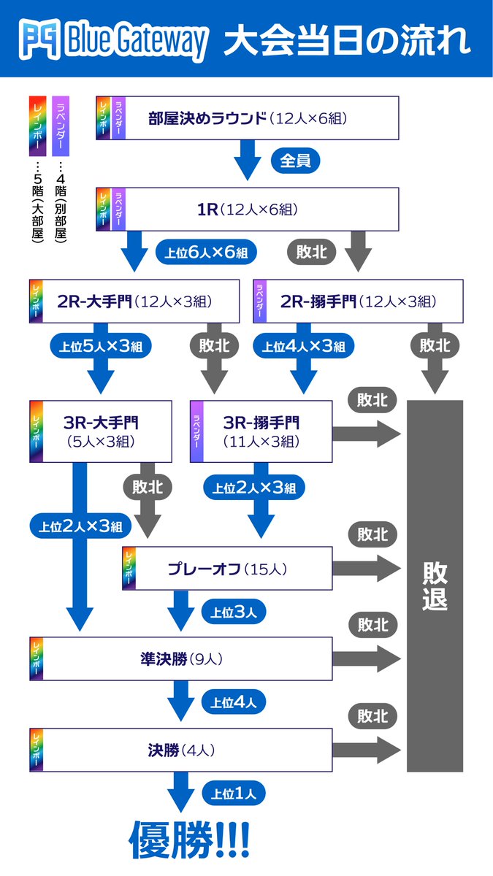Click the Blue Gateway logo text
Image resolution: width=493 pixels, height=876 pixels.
pos(135,40)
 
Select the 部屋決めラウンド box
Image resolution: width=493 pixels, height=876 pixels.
pos(248,118)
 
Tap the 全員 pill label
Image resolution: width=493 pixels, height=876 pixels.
pos(296,161)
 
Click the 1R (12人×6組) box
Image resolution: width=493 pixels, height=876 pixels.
pos(248,210)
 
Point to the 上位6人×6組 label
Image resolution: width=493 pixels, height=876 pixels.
pos(205,253)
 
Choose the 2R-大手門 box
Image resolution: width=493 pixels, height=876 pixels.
pos(134,301)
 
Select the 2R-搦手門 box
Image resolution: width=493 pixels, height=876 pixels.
pos(358,301)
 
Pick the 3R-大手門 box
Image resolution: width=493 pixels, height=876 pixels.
pos(101,431)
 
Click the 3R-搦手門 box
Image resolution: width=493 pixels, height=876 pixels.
pos(261,431)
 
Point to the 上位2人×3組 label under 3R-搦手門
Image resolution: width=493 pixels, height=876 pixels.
pos(254,487)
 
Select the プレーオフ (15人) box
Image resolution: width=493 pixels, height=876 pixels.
pos(227,568)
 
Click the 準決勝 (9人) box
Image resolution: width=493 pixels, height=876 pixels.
pos(181,658)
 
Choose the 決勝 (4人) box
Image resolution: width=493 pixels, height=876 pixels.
pos(181,750)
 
